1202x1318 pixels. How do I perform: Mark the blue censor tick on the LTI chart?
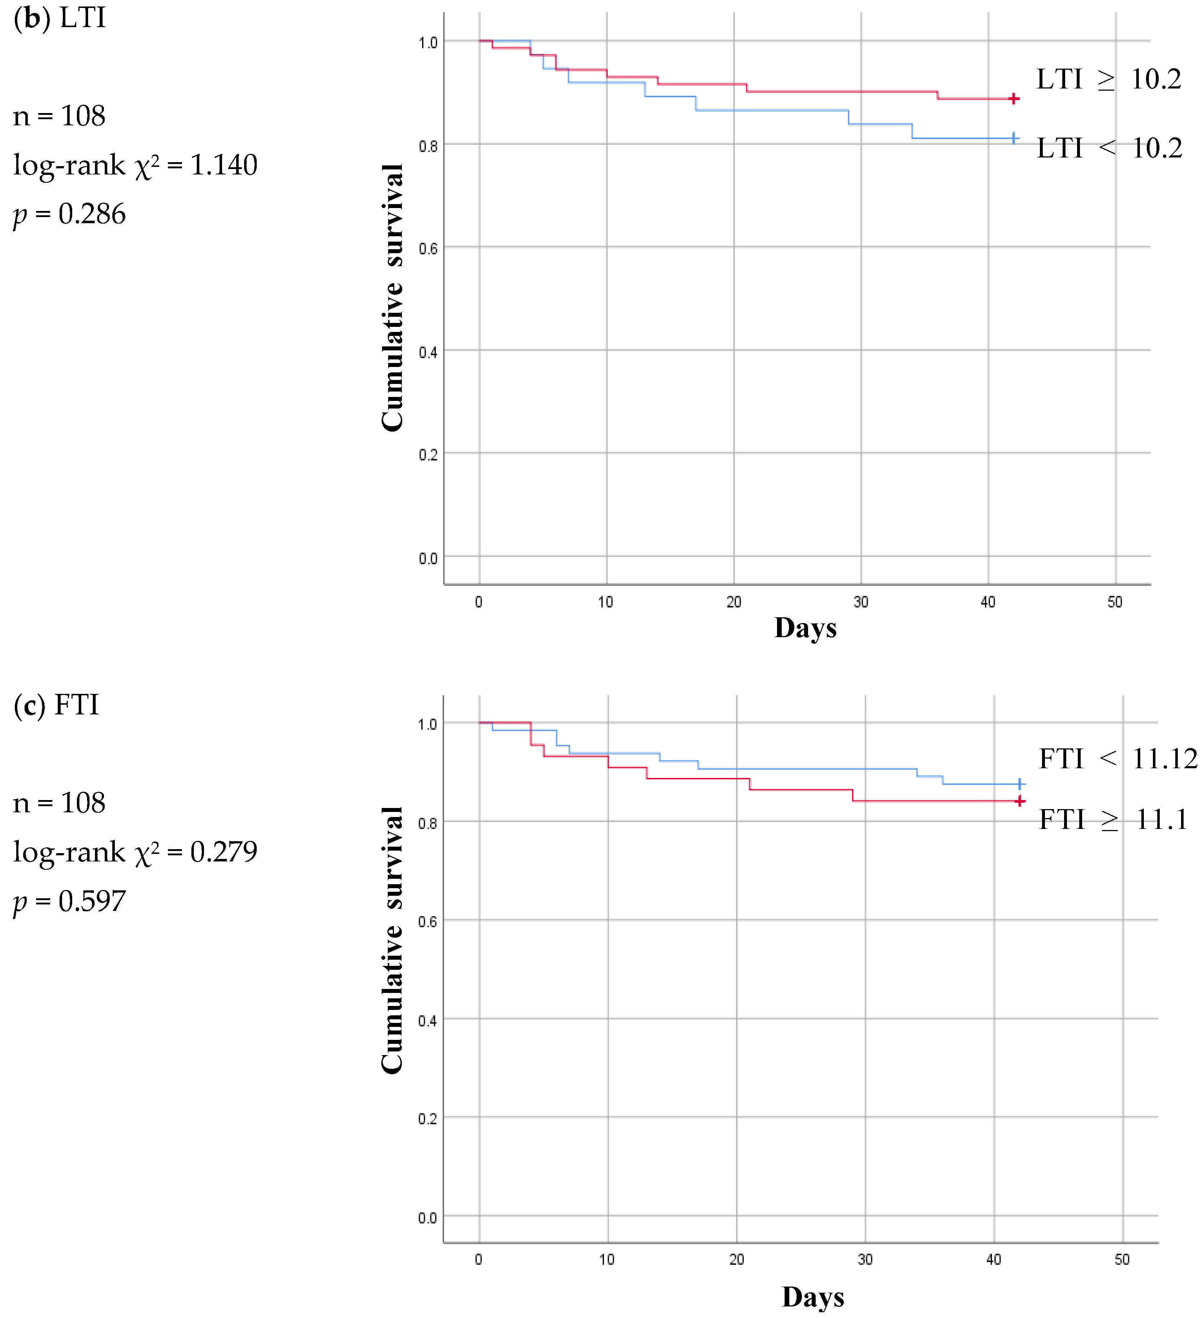1013,138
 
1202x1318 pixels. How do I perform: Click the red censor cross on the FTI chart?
1020,801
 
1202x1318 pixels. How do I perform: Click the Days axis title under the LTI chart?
805,628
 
